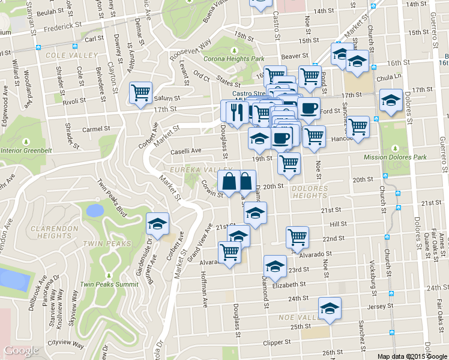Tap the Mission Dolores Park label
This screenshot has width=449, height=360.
pyautogui.click(x=394, y=158)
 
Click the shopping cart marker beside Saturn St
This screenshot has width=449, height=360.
pyautogui.click(x=140, y=92)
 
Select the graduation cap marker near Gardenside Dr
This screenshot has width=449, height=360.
pyautogui.click(x=157, y=224)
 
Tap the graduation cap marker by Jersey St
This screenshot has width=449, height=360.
pyautogui.click(x=329, y=308)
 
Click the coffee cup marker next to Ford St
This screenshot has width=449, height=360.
pyautogui.click(x=309, y=109)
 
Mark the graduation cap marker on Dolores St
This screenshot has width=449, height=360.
pyautogui.click(x=391, y=100)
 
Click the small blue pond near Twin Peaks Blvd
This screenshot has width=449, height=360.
pyautogui.click(x=94, y=210)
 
